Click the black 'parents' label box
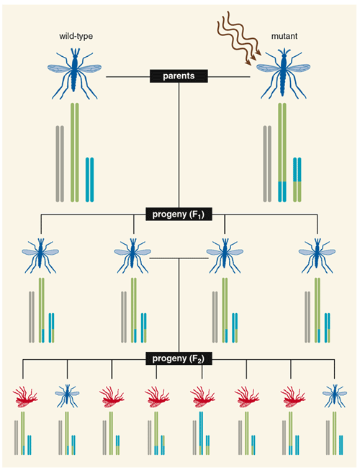179,76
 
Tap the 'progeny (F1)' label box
179,214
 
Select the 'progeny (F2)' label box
179,358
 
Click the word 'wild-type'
76,36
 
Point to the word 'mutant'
284,36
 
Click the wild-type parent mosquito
75,73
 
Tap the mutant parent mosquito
283,73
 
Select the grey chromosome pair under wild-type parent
60,163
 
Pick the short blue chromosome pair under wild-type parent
89,179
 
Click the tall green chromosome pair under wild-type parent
75,153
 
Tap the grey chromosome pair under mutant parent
267,163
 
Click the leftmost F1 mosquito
40,256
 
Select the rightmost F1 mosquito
317,256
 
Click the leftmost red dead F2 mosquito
25,397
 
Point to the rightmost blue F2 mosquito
335,396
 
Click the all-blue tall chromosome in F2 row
201,433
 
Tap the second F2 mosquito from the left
68,396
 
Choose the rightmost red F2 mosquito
292,397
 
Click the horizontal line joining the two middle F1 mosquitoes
179,258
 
